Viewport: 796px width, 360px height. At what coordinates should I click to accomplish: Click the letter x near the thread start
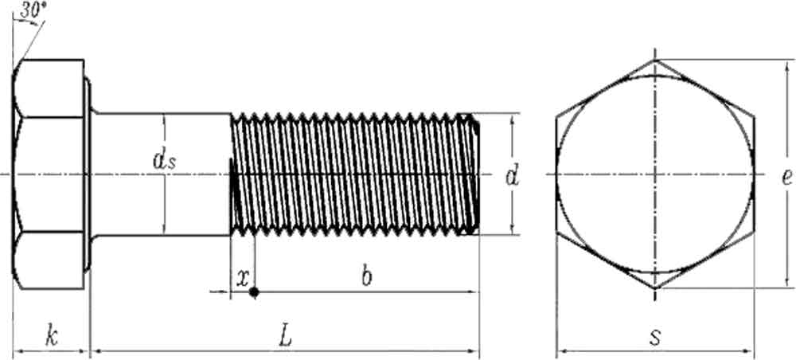click(242, 277)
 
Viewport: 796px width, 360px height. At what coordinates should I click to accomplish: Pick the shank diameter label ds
click(165, 162)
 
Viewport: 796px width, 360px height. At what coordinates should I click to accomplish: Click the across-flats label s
click(654, 337)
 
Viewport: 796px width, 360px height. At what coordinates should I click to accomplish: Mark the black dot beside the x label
click(254, 292)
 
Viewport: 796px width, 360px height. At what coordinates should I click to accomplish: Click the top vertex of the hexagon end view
click(655, 60)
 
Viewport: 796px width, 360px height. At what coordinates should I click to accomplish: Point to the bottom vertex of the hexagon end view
click(655, 288)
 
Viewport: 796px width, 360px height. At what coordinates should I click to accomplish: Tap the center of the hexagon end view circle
click(655, 174)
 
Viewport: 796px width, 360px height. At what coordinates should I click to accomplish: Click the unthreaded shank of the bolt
click(159, 199)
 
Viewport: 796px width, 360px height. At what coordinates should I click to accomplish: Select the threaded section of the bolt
click(350, 174)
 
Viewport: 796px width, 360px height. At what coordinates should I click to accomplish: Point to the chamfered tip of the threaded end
click(475, 174)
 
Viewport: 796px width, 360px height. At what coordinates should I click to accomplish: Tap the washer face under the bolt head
click(88, 174)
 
